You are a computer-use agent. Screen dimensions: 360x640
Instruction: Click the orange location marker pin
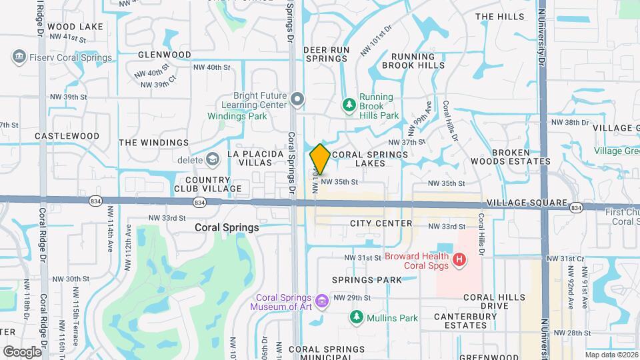click(x=320, y=159)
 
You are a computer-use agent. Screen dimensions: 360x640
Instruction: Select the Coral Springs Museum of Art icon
click(x=322, y=301)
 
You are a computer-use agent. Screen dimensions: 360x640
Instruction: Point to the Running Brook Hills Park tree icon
click(x=348, y=104)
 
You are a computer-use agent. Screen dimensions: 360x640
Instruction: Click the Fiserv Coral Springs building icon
click(x=19, y=57)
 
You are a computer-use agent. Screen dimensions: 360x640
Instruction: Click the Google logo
click(x=22, y=351)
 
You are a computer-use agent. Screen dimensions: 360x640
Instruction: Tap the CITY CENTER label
click(x=381, y=223)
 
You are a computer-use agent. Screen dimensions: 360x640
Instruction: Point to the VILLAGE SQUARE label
click(x=527, y=203)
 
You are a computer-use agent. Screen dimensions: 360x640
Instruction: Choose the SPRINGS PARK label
click(x=367, y=280)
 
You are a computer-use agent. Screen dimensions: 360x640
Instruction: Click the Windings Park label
click(x=237, y=116)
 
